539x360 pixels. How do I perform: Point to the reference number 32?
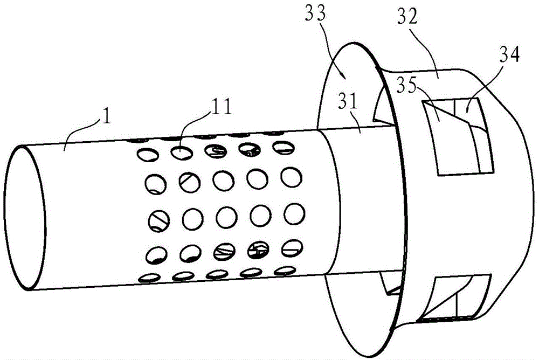click(x=407, y=17)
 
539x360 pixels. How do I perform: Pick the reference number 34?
click(x=509, y=54)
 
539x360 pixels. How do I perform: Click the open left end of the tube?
click(x=24, y=218)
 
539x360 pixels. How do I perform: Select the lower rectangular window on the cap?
click(x=453, y=298)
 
